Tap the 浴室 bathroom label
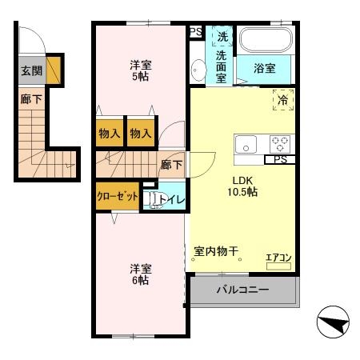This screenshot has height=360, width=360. click(x=265, y=69)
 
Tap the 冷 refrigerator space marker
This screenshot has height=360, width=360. click(x=283, y=100)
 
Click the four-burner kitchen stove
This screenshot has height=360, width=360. click(x=280, y=145)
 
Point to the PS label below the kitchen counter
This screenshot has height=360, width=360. click(x=280, y=159)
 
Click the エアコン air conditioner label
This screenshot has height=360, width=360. click(x=279, y=257)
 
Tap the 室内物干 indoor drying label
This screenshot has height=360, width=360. click(x=217, y=251)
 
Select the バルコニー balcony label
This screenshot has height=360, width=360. click(x=242, y=290)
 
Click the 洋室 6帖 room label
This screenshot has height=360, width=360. click(x=141, y=274)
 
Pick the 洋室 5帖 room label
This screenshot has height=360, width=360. click(x=141, y=70)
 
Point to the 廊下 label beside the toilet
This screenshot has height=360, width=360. click(x=170, y=166)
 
